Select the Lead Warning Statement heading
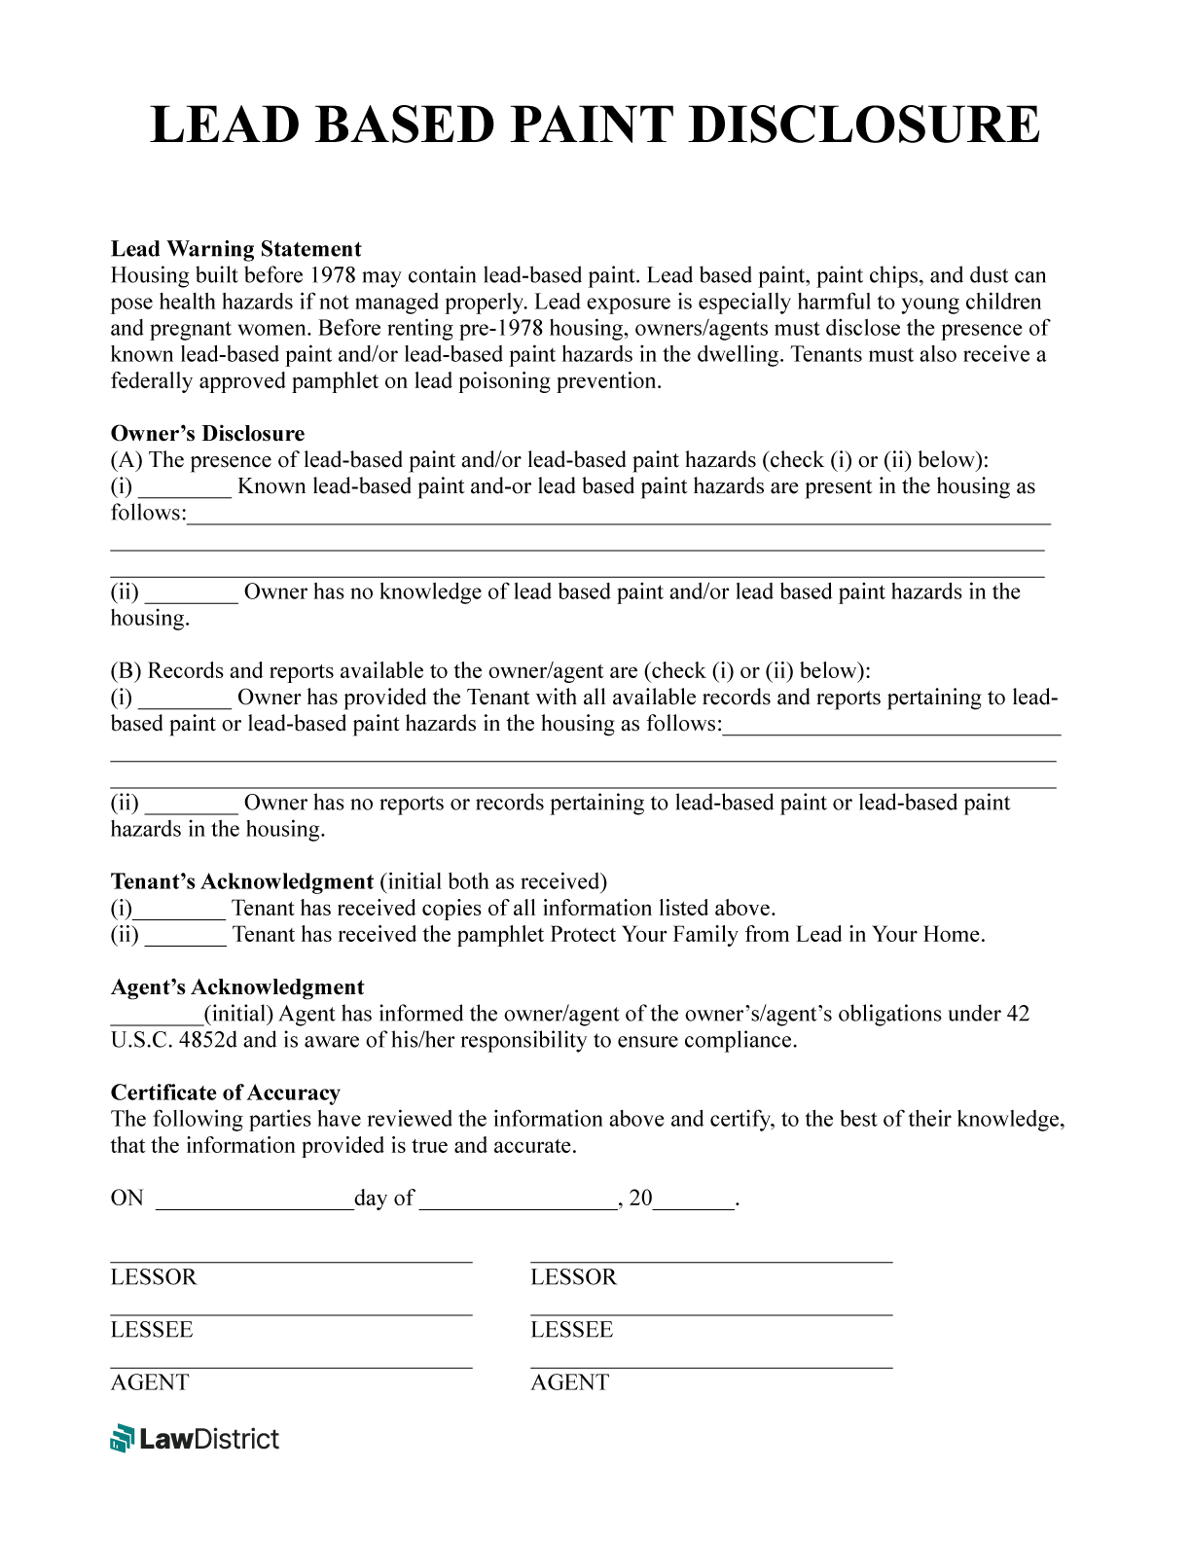[x=235, y=249]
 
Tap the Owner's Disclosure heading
[x=207, y=434]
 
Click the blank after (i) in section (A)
[x=185, y=488]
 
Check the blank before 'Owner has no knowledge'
[x=191, y=593]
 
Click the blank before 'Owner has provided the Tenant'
[x=185, y=699]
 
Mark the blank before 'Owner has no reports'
[x=191, y=805]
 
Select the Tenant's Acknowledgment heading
[x=241, y=882]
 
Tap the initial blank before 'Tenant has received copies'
[x=179, y=911]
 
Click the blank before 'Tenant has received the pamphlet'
[x=185, y=937]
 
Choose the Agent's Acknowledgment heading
[x=236, y=987]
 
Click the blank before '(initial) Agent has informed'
[x=156, y=1016]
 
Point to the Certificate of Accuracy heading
[x=225, y=1093]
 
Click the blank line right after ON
[x=254, y=1201]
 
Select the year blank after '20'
[x=694, y=1201]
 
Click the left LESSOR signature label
[x=153, y=1277]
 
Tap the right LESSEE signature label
[x=571, y=1330]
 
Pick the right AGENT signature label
[x=569, y=1382]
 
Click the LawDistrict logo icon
[x=122, y=1438]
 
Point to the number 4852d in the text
[x=208, y=1041]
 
